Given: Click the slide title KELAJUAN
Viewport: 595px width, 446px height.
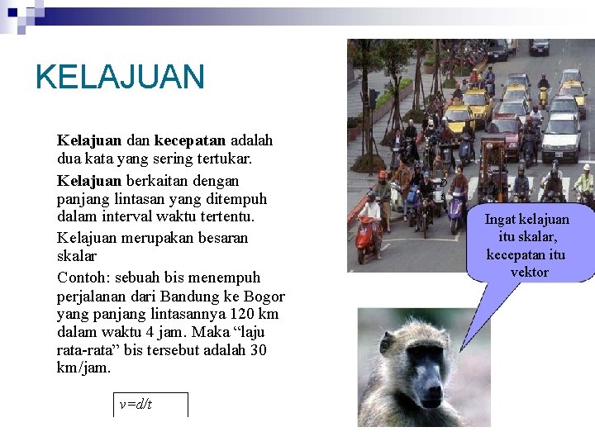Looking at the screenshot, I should click(x=120, y=77).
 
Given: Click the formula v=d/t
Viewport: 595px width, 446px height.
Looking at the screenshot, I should click(x=136, y=405).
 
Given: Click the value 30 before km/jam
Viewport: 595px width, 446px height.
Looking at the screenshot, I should click(x=258, y=349).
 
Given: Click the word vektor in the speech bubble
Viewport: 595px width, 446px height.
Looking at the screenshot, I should click(x=530, y=272).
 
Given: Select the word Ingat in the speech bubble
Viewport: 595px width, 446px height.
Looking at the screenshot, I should click(x=500, y=219).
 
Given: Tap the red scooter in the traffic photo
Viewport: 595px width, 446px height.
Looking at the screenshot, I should click(x=367, y=235).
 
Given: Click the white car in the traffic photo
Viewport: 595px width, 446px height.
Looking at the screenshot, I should click(x=560, y=135).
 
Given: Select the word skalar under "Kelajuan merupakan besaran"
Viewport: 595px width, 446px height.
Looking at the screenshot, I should click(x=77, y=256).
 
